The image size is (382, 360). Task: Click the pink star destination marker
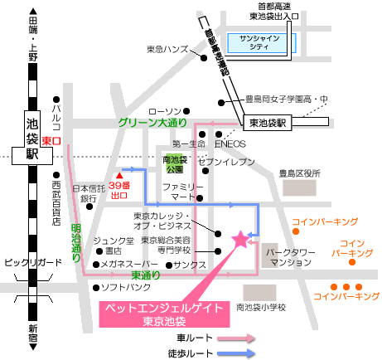(240, 240)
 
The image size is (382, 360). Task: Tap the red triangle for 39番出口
(119, 176)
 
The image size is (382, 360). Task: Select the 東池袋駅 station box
(267, 123)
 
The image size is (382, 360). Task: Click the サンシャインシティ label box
(262, 43)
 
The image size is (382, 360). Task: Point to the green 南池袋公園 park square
(174, 163)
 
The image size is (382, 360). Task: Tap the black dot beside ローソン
(186, 111)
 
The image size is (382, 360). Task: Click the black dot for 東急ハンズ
(204, 58)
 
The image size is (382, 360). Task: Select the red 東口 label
(51, 141)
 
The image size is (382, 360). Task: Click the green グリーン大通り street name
(152, 123)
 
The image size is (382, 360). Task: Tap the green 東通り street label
(145, 275)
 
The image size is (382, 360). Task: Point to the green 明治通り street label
(76, 242)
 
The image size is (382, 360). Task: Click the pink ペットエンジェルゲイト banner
(164, 314)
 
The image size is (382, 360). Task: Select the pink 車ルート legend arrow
(236, 338)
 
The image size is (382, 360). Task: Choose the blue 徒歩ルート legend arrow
(236, 353)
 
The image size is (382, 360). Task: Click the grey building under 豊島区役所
(299, 187)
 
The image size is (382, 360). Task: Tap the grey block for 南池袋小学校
(259, 293)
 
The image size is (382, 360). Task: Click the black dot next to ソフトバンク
(96, 288)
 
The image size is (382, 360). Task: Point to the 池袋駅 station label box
(32, 139)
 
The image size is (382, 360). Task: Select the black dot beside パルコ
(56, 100)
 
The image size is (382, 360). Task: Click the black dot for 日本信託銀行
(89, 207)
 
